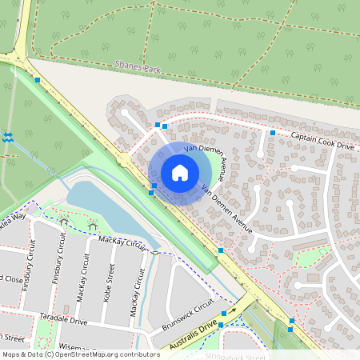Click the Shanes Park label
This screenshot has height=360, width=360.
[138, 69]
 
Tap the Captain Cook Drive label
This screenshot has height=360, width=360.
[322, 141]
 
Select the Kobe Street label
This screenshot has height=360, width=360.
[111, 281]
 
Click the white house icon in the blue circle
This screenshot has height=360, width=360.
[180, 173]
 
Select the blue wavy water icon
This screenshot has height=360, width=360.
[7, 137]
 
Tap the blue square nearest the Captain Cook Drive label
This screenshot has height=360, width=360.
[273, 133]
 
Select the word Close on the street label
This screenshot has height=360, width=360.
[12, 280]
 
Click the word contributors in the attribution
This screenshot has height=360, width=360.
[138, 354]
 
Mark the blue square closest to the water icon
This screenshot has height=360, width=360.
[38, 80]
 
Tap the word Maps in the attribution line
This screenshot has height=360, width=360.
[11, 354]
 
